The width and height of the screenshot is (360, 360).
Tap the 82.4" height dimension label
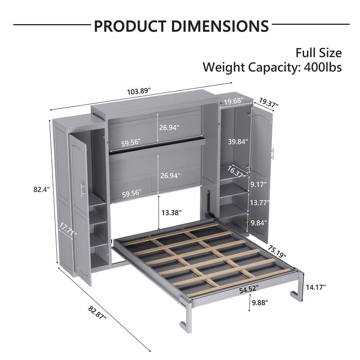41,190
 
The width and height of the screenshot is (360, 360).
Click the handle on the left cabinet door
83,190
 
